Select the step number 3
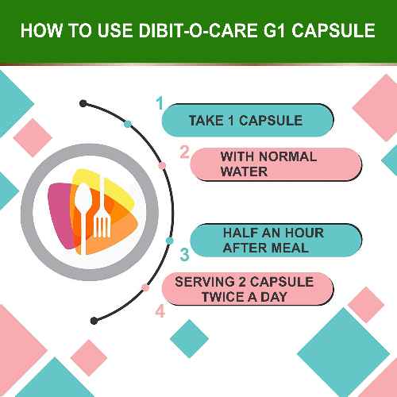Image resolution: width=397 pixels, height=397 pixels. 183,255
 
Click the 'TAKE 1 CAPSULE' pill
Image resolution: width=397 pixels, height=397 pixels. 246,121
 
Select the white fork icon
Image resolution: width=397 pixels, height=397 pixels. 102,215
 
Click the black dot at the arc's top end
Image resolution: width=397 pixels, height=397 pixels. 83,102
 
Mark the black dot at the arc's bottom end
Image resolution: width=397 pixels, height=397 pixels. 94,321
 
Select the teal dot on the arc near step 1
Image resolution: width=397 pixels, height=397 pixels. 127,124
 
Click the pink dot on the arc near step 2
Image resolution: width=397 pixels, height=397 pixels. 162,166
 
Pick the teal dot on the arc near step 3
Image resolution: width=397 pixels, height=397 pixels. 169,240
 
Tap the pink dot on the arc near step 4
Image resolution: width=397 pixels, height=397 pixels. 145,287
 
